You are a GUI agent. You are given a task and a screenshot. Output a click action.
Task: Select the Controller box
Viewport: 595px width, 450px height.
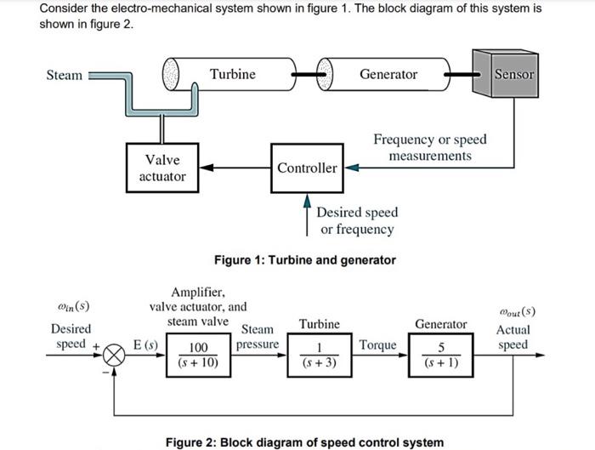(307, 168)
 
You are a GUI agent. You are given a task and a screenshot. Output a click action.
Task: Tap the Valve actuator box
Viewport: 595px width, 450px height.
(162, 168)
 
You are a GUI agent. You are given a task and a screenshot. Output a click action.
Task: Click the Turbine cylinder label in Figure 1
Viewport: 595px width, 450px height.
(232, 74)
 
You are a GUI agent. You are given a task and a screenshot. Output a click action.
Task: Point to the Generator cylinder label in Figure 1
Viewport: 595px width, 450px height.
(388, 74)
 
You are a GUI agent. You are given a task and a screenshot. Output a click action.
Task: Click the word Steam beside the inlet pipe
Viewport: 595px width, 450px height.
(65, 75)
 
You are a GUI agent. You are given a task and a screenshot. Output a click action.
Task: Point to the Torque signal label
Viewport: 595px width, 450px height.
(377, 345)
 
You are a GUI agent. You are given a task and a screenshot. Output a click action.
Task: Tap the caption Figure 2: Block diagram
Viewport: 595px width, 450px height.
(303, 441)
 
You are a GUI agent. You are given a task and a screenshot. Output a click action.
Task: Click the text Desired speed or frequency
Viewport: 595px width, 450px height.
(357, 220)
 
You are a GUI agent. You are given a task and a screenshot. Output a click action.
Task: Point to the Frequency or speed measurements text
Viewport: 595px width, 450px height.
(430, 147)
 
